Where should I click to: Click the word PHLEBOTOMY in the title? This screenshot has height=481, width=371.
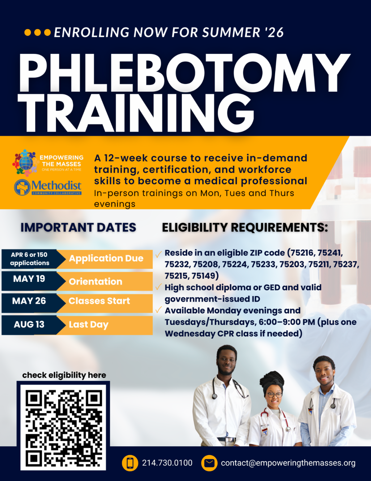185,73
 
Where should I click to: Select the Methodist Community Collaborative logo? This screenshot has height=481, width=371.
48,187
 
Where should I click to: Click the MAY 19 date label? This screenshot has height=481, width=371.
29,279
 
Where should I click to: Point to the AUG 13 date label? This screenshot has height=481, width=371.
29,325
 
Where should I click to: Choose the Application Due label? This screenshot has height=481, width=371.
106,259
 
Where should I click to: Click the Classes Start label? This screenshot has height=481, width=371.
99,301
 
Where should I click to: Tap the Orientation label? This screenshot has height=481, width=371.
96,282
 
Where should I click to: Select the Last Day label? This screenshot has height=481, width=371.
89,325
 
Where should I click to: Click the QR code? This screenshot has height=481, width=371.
63,427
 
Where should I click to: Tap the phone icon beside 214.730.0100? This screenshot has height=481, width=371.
130,463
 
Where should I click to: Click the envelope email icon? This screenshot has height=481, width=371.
209,463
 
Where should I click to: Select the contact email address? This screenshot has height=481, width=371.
288,463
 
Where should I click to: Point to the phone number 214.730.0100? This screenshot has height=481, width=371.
167,463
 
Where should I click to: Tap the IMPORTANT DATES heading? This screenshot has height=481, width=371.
78,227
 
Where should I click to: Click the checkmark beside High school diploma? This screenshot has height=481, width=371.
159,287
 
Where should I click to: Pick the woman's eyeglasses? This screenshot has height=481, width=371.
275,395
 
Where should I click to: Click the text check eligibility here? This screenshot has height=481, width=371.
64,375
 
